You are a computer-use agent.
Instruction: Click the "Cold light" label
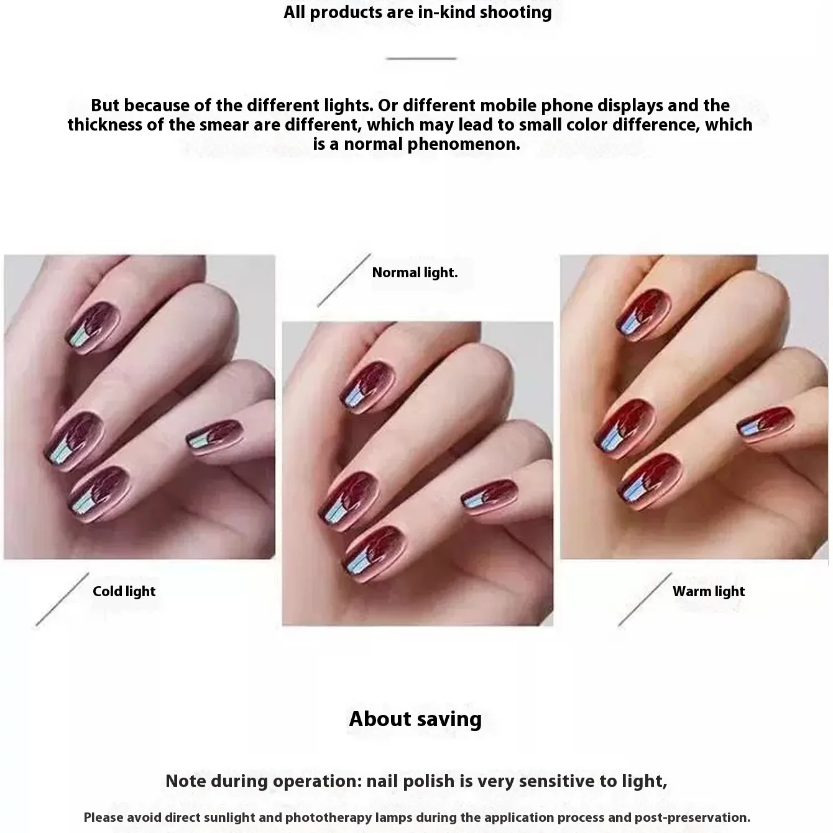point(124,591)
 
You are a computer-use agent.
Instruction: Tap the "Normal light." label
point(415,272)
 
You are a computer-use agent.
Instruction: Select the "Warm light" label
point(708,591)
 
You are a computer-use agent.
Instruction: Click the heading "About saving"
point(415,719)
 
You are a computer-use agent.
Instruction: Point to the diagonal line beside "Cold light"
point(62,599)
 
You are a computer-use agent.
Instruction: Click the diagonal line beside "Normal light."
point(344,280)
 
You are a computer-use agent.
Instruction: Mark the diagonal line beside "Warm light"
point(645,599)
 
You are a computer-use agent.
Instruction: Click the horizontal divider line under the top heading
point(421,58)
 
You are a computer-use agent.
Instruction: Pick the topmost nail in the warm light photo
point(643,314)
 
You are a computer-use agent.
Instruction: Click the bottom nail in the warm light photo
point(651,476)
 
